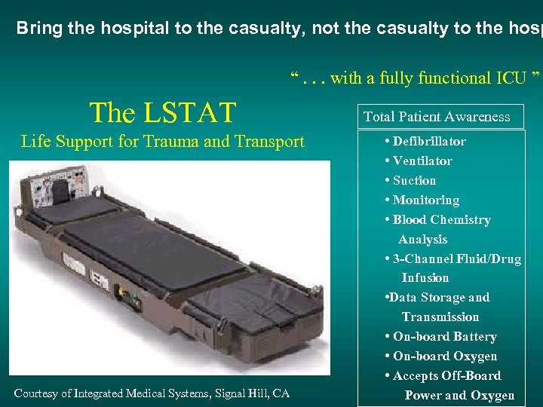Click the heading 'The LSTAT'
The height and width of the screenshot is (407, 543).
pyautogui.click(x=162, y=113)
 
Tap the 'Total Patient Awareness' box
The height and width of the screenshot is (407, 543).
pyautogui.click(x=437, y=117)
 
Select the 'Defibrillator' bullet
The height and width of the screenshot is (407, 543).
pyautogui.click(x=428, y=141)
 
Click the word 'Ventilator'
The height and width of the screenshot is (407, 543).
pyautogui.click(x=422, y=161)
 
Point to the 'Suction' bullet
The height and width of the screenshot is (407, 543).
pyautogui.click(x=414, y=180)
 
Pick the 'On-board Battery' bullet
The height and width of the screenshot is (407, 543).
pyautogui.click(x=444, y=336)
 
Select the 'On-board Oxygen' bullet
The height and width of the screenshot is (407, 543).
pyautogui.click(x=444, y=356)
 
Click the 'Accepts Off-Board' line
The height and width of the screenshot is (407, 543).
pyautogui.click(x=446, y=375)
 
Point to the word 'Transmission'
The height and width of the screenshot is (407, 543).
pyautogui.click(x=440, y=317)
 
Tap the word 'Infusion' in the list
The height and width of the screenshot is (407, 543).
pyautogui.click(x=425, y=277)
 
